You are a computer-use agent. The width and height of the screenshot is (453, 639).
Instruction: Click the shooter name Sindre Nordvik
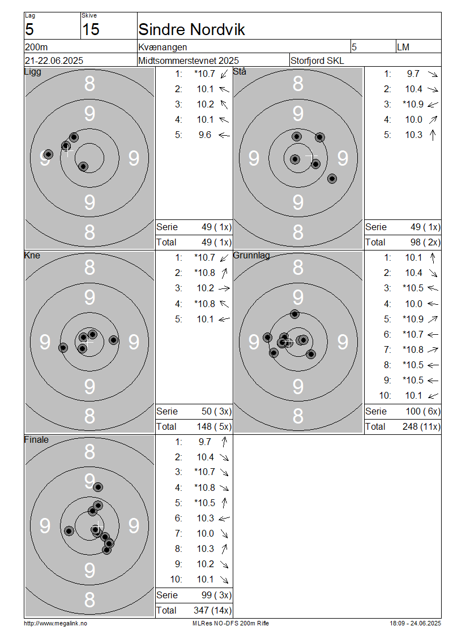(x=191, y=29)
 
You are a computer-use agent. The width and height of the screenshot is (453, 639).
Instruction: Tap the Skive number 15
(x=91, y=29)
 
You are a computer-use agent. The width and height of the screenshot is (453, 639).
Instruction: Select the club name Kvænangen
(x=163, y=48)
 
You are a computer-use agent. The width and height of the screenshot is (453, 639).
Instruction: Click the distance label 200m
(x=36, y=48)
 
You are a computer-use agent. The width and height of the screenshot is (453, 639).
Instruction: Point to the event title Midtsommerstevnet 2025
(x=189, y=61)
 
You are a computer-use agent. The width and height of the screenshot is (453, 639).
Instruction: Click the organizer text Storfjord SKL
(x=317, y=61)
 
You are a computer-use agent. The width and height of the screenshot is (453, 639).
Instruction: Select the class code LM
(x=403, y=48)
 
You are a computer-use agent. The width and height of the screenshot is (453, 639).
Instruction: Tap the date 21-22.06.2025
(x=54, y=61)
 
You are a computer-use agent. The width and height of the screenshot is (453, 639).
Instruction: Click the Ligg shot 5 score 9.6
(x=205, y=135)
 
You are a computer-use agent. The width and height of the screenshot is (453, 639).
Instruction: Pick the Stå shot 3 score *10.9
(x=413, y=104)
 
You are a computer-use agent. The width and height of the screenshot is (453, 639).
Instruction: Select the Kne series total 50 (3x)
(x=217, y=411)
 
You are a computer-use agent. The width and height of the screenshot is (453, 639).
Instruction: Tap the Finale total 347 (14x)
(x=212, y=611)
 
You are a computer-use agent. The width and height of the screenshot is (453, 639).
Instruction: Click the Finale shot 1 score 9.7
(x=205, y=442)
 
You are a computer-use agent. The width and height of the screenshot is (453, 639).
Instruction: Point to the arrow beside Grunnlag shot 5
(x=433, y=319)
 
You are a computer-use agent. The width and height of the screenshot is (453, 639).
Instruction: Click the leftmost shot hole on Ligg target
(x=48, y=154)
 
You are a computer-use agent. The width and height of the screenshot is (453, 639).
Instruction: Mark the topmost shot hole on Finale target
(x=98, y=487)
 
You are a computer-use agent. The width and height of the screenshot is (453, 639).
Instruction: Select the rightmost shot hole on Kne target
(x=113, y=340)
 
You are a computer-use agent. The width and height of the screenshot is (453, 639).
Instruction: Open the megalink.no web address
(x=55, y=623)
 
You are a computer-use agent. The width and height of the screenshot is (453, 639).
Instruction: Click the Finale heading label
(x=36, y=440)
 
